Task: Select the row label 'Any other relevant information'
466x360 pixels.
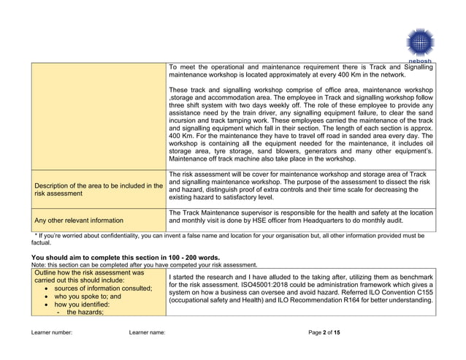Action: [79, 219]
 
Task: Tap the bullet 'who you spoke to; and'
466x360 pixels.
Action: [85, 296]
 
